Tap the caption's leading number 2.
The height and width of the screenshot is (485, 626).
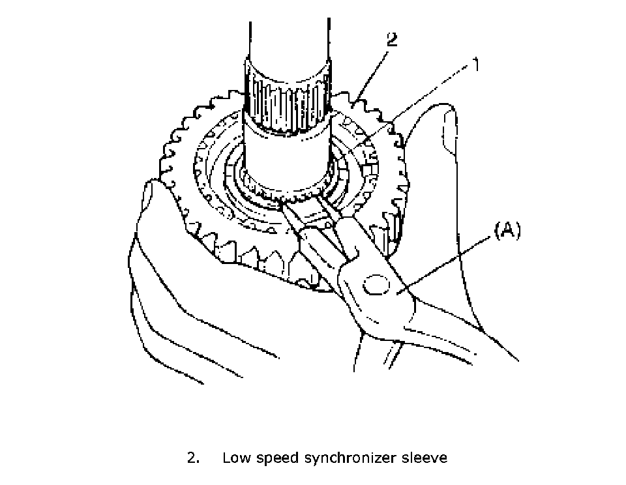[192, 458]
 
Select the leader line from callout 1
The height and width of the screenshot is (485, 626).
[417, 105]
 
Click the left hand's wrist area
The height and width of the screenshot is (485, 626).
[170, 339]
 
